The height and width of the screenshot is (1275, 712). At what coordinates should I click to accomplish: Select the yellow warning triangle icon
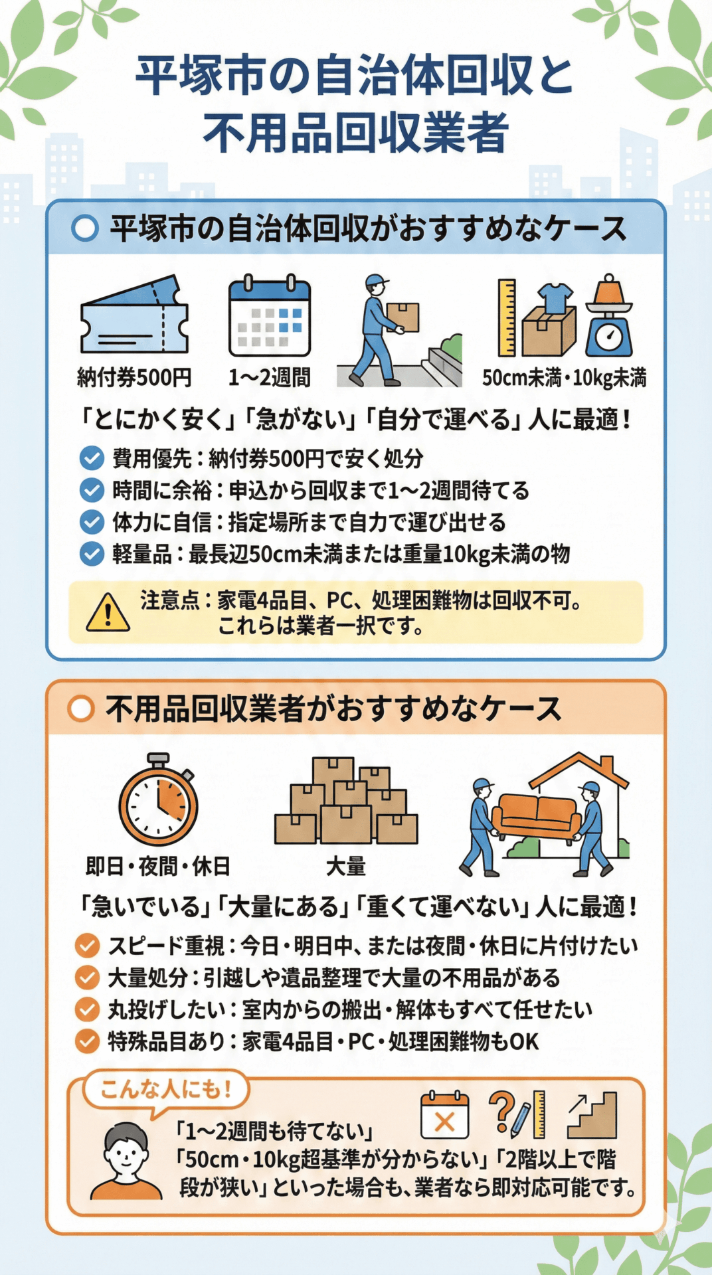[x=108, y=612]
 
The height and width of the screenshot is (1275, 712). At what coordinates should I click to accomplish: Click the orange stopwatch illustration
[x=158, y=801]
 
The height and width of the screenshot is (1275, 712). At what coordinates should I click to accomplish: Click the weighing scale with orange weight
[x=608, y=317]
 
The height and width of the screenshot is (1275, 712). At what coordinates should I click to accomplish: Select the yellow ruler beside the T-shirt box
[x=507, y=317]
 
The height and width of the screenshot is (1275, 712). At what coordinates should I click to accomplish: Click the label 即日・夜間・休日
[x=158, y=866]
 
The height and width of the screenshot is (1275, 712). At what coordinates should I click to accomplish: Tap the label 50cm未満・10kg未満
[x=564, y=378]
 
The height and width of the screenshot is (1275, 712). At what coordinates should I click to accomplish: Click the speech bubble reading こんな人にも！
[x=165, y=1090]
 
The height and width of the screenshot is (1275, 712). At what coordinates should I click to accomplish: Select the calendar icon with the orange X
[x=444, y=1115]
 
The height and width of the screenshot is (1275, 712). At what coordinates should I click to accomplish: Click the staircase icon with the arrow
[x=592, y=1115]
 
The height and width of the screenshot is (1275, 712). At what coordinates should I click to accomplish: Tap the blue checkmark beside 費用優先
[x=92, y=458]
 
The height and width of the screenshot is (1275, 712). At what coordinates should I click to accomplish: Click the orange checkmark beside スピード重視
[x=87, y=946]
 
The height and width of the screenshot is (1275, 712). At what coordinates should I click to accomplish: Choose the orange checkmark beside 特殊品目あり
[x=87, y=1041]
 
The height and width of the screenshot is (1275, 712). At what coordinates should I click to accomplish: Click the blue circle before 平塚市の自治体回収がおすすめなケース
[x=85, y=228]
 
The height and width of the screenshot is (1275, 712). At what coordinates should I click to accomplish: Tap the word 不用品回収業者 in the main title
[x=356, y=132]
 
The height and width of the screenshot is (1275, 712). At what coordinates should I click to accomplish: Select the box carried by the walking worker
[x=404, y=317]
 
